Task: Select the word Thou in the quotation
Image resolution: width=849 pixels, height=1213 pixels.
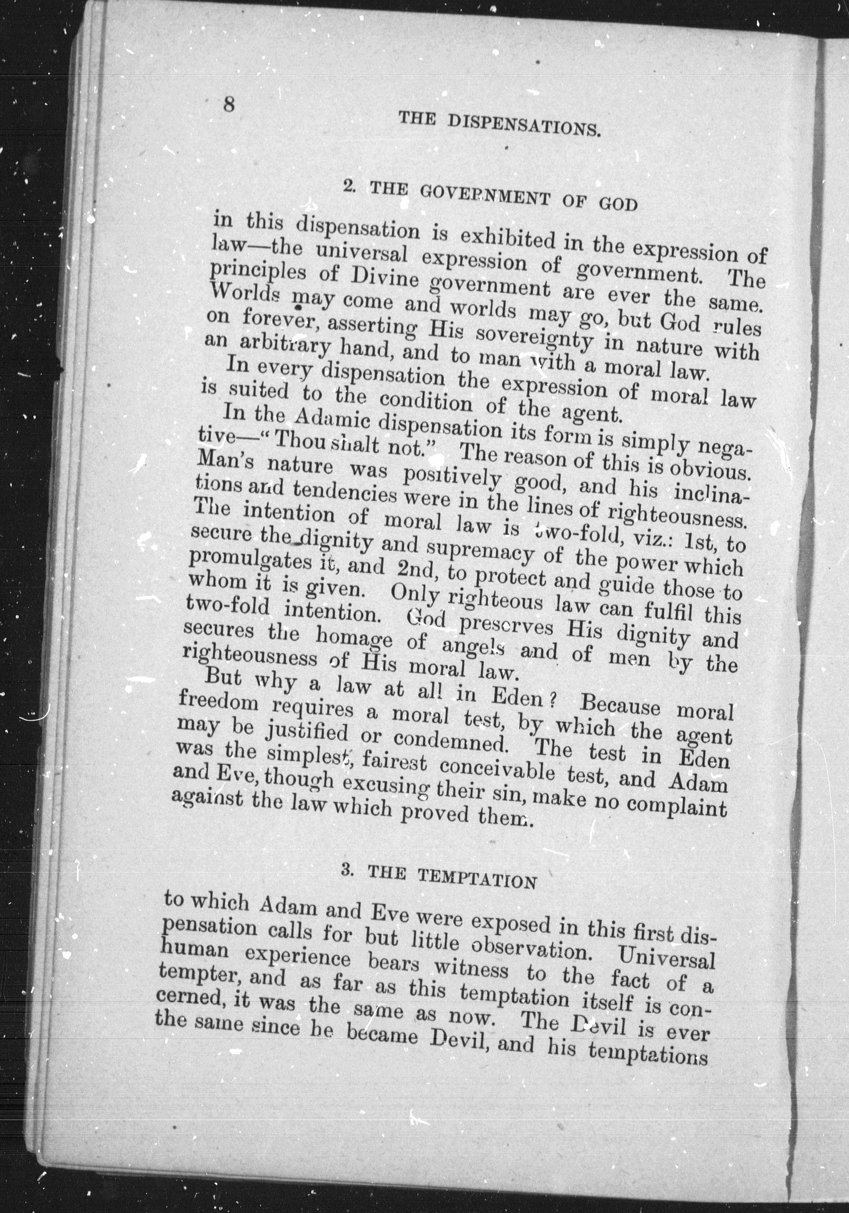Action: click(x=300, y=441)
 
